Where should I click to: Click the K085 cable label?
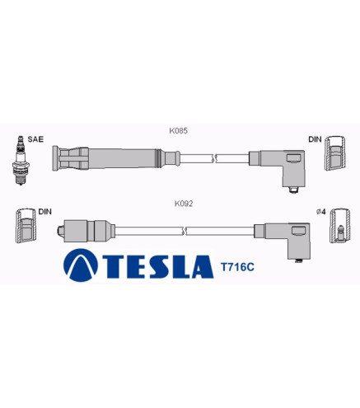pyautogui.click(x=178, y=131)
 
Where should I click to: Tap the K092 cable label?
pyautogui.click(x=184, y=204)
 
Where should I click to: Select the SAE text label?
pyautogui.click(x=35, y=139)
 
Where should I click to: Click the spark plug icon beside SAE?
pyautogui.click(x=21, y=161)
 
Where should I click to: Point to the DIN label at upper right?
pyautogui.click(x=315, y=139)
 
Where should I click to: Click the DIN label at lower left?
pyautogui.click(x=45, y=212)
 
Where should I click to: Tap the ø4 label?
pyautogui.click(x=321, y=212)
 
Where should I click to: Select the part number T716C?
pyautogui.click(x=237, y=267)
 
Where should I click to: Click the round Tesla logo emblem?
pyautogui.click(x=81, y=265)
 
